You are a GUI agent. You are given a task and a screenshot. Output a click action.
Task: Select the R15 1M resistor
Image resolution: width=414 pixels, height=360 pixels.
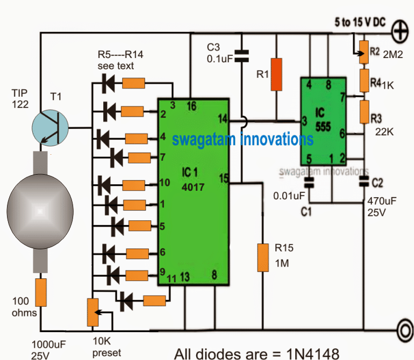tap(262, 257)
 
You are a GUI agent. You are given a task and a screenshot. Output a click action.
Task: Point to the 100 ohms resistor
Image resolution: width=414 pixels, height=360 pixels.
tap(40, 293)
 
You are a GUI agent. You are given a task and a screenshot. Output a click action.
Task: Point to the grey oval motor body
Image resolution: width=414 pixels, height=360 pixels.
tap(40, 209)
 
